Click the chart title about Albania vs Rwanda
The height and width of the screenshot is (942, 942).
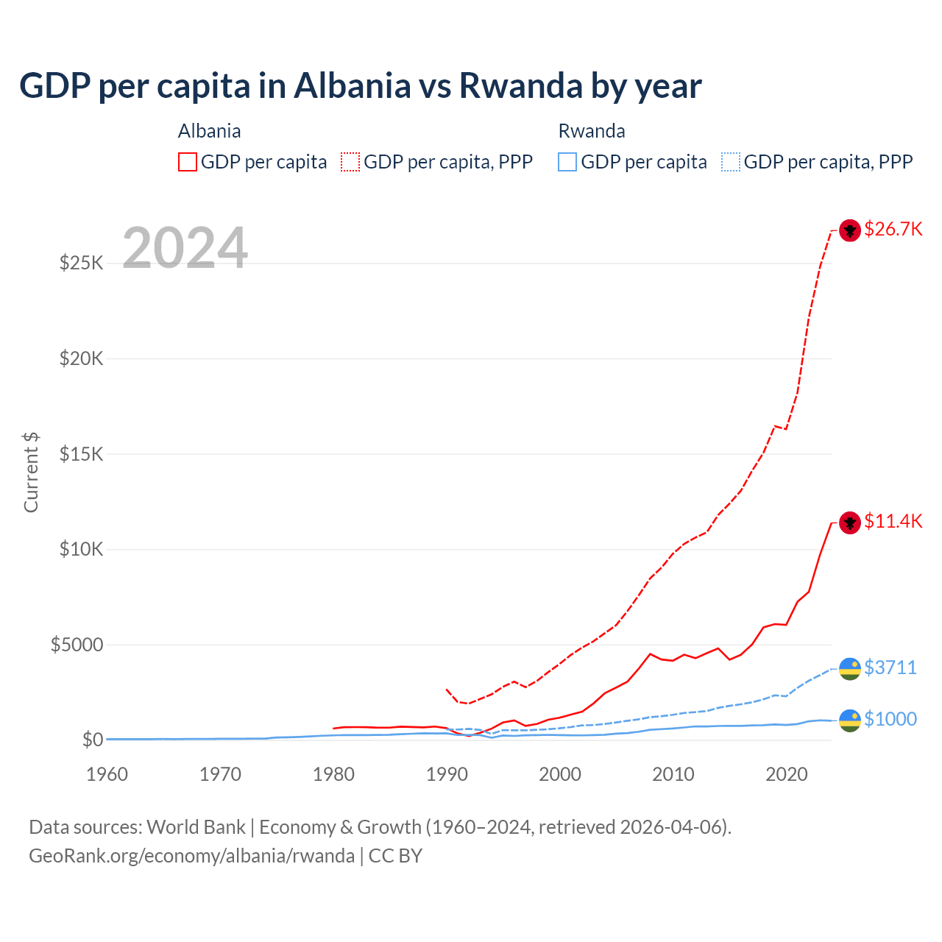[x=360, y=86]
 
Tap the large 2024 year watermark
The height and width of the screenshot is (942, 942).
[x=185, y=248]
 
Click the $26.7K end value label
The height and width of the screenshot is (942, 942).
[x=893, y=229]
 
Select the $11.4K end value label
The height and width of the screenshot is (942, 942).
[x=893, y=521]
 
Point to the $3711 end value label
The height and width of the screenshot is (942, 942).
[x=890, y=667]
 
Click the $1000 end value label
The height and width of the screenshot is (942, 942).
[x=890, y=719]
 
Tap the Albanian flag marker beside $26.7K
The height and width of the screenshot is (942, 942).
[x=850, y=230]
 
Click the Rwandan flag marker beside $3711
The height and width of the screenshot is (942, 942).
[x=850, y=668]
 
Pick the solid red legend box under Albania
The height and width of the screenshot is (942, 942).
[x=188, y=162]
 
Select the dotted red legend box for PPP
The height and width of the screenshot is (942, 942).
[x=350, y=162]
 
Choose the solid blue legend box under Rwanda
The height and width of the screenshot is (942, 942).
[x=567, y=162]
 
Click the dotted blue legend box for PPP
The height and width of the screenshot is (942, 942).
[x=730, y=162]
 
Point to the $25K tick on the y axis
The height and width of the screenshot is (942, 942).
[x=82, y=263]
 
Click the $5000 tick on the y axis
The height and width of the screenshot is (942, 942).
[x=77, y=645]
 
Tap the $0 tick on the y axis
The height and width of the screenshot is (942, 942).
[x=92, y=740]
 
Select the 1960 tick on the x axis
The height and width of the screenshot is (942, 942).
[x=107, y=774]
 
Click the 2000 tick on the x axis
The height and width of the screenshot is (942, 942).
[x=560, y=774]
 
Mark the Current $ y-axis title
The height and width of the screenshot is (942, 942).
[x=31, y=472]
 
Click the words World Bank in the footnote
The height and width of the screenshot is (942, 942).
[x=196, y=827]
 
